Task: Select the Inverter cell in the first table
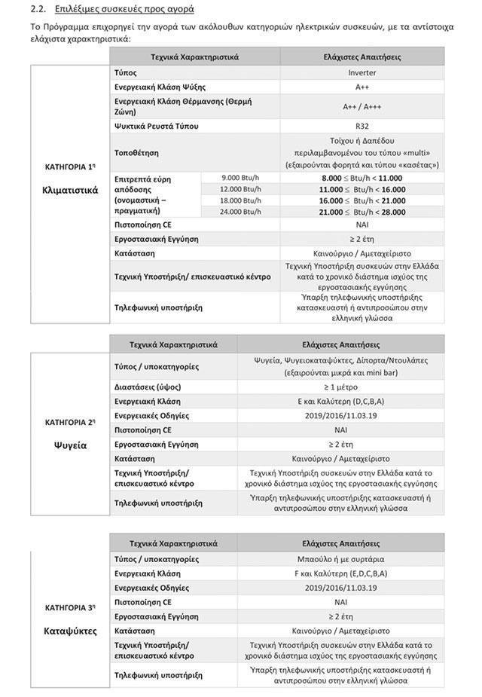tap(361, 73)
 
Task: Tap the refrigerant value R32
tap(361, 126)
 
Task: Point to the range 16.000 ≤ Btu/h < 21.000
tap(361, 200)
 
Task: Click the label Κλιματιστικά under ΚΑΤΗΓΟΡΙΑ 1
tap(70, 191)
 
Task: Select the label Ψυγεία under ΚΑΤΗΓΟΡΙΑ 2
tap(70, 445)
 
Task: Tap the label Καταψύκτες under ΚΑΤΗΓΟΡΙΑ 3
tap(70, 631)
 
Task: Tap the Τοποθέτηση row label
tap(136, 152)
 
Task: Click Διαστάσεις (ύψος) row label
tap(148, 387)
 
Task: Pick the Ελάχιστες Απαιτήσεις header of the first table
tap(361, 57)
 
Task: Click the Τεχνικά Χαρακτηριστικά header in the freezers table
tap(173, 543)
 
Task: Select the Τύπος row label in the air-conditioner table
tap(126, 73)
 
